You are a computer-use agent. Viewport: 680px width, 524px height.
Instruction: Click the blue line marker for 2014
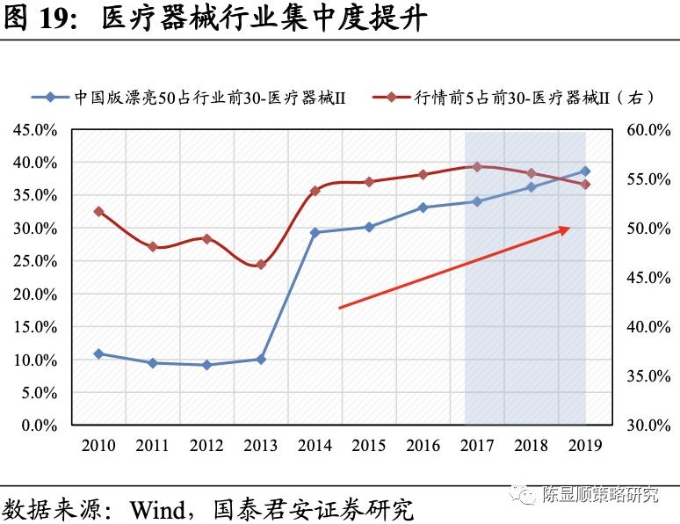point(315,232)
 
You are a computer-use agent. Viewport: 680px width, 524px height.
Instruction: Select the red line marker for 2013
point(260,265)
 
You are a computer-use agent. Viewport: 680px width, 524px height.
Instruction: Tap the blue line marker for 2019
point(586,171)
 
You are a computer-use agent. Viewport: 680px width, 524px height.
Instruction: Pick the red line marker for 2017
point(477,166)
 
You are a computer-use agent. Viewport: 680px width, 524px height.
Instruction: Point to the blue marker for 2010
point(98,353)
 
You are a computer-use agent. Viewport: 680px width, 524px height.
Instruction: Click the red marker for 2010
point(98,211)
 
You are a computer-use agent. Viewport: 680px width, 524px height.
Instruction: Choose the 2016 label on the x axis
point(423,445)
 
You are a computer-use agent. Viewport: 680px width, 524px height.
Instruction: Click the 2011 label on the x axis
point(152,445)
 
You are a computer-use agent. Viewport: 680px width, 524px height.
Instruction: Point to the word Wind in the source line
point(161,509)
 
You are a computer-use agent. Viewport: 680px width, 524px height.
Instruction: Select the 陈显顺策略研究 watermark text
point(601,494)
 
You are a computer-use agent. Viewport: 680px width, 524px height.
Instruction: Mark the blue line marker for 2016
point(423,207)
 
